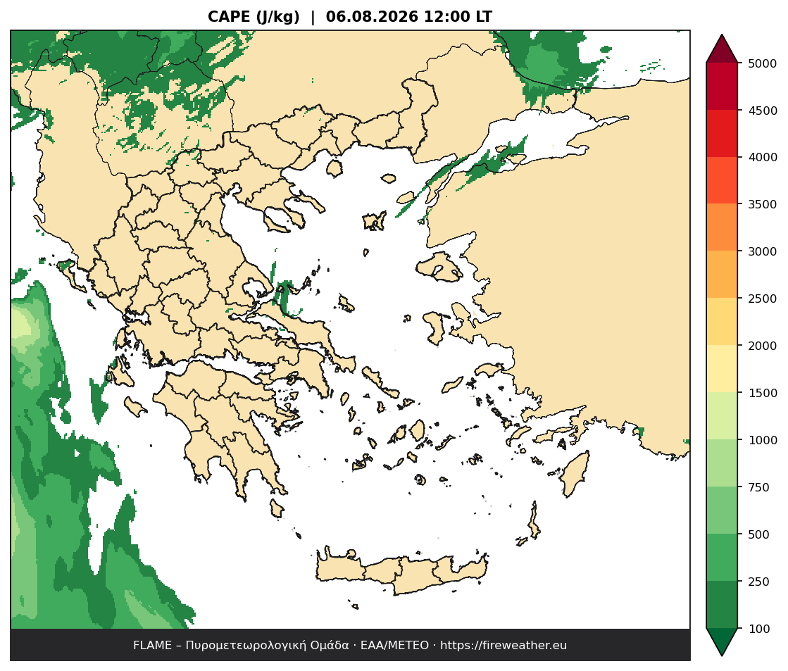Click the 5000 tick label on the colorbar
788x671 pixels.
(x=763, y=63)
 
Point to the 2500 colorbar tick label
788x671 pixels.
(x=763, y=299)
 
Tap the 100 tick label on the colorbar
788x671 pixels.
(x=759, y=629)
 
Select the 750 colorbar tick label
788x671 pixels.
(x=759, y=487)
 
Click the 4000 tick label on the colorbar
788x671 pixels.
(x=763, y=157)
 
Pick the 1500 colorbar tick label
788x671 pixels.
(x=763, y=393)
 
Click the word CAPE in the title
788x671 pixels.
(x=229, y=17)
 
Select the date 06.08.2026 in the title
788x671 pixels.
(x=372, y=17)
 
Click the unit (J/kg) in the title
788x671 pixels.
(x=277, y=17)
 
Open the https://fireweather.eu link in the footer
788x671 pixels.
(x=504, y=646)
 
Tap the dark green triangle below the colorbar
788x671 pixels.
(x=722, y=641)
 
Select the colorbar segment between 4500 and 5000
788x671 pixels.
(x=722, y=87)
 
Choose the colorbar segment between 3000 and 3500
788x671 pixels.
(x=722, y=227)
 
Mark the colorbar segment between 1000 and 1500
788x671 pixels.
(x=722, y=416)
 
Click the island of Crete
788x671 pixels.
(x=402, y=573)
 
